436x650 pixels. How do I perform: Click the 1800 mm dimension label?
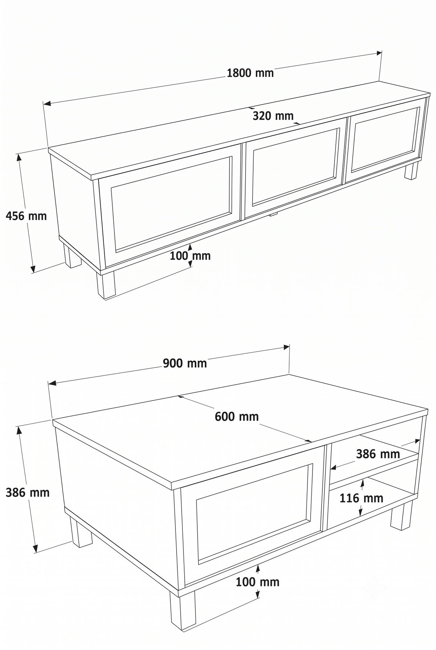[250, 73]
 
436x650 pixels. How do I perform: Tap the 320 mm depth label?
[273, 116]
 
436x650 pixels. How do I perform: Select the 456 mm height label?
[27, 216]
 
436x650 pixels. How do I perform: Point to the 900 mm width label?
[185, 363]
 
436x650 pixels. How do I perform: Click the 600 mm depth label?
[237, 416]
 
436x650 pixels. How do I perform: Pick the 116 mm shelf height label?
[362, 498]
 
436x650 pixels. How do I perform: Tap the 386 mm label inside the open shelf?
[378, 454]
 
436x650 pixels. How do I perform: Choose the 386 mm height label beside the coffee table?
[28, 493]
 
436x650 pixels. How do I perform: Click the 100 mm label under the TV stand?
[190, 256]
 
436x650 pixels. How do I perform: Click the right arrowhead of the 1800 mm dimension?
[379, 53]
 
